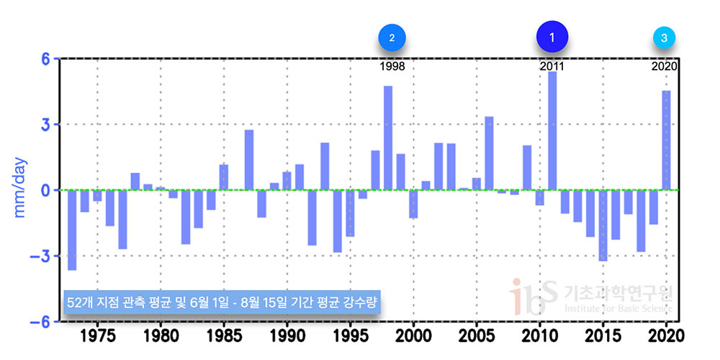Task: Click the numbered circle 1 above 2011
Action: point(552,37)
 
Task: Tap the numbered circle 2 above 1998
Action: point(392,37)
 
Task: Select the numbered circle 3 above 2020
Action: point(664,37)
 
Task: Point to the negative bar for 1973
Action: point(72,230)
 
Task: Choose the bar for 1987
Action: point(249,160)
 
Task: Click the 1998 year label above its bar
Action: point(392,66)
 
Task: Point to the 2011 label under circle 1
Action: point(552,66)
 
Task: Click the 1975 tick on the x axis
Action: point(97,335)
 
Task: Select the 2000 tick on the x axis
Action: point(413,335)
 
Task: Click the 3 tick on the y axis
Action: point(45,125)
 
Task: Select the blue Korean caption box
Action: point(221,300)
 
